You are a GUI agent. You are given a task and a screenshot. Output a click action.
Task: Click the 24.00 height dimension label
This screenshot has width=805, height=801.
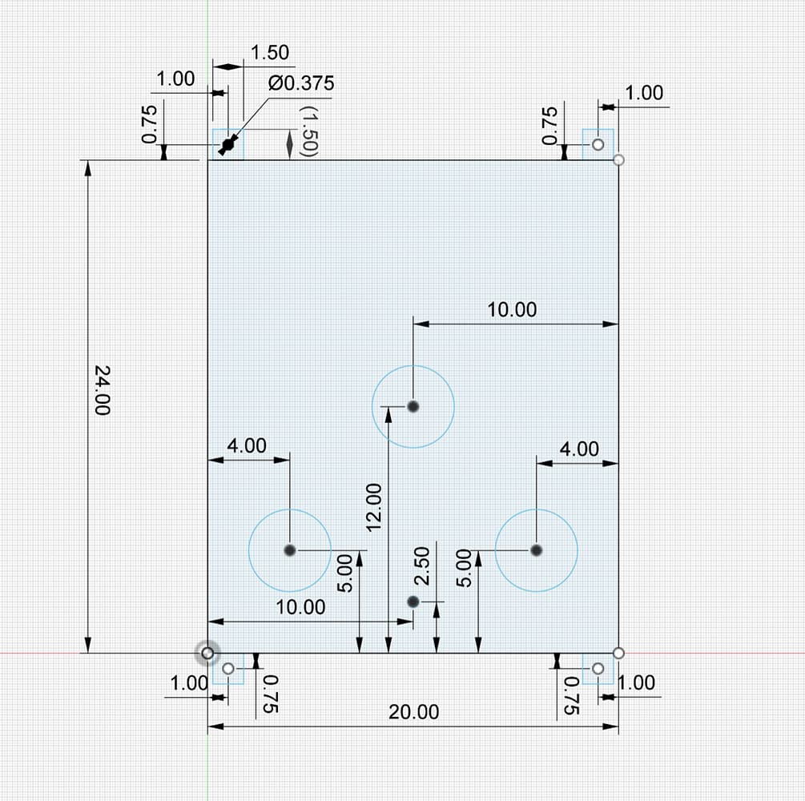coord(103,390)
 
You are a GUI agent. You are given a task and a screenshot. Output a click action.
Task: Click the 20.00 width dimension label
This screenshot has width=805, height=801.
coord(414,712)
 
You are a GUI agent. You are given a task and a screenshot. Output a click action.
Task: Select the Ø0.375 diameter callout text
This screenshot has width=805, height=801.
coord(301,83)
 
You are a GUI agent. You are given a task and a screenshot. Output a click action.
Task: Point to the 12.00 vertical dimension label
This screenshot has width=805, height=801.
coord(374,507)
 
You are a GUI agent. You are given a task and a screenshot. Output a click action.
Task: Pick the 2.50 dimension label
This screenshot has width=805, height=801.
coord(421,566)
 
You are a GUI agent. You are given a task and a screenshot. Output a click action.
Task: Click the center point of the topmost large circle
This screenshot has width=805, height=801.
coord(413,407)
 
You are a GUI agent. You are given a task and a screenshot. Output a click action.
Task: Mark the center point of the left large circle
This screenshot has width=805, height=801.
coord(290,550)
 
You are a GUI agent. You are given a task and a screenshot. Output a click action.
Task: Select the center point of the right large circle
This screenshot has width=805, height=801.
coord(537,550)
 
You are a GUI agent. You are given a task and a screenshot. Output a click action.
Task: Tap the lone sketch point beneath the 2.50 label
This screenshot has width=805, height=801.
coord(413,602)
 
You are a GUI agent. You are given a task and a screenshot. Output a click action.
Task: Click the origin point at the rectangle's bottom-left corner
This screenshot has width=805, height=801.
coord(207,653)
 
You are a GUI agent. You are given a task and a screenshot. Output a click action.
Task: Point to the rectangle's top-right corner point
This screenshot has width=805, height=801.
coord(618,159)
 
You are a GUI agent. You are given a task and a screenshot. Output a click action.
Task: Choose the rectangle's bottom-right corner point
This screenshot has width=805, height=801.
coord(618,653)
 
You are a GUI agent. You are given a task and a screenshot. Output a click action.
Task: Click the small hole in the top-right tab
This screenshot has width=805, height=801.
coord(598,145)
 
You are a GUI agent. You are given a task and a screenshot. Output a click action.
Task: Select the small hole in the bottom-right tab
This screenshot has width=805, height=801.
coord(598,669)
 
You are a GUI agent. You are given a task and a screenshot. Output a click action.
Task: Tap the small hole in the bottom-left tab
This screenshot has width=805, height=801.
coord(228,669)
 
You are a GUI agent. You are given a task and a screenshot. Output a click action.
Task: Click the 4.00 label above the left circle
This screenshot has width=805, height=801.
coord(247,445)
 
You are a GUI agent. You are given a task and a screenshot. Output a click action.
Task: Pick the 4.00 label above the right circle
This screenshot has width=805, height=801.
coord(579,449)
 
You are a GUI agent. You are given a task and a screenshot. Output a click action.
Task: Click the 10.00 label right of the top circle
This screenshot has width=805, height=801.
coord(512,310)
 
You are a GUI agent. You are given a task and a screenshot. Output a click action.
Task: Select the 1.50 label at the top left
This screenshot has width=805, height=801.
coord(270,52)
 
